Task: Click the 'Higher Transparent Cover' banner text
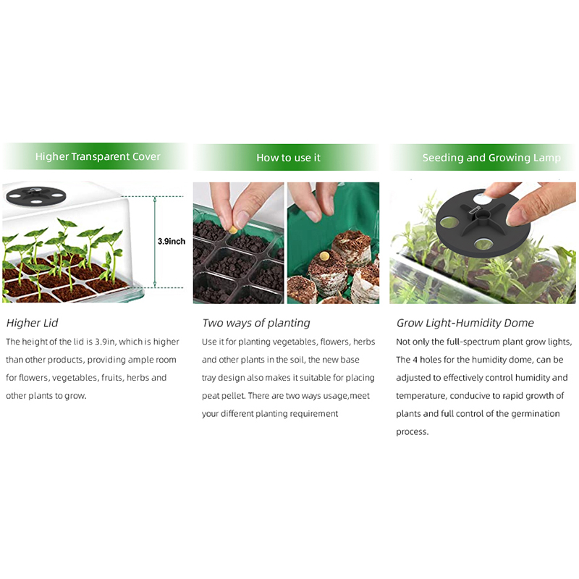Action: (x=98, y=156)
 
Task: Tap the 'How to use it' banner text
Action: (x=288, y=158)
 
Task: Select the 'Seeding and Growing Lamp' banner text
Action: (x=491, y=158)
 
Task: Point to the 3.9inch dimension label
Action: (x=172, y=241)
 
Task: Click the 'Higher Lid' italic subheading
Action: (x=32, y=323)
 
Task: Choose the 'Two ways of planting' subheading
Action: (x=256, y=323)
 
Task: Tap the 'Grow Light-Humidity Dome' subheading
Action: (x=465, y=323)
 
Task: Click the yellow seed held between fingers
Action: (x=233, y=230)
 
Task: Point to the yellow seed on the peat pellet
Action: (x=324, y=255)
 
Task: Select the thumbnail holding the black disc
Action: (x=483, y=243)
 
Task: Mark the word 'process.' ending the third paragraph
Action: (x=413, y=432)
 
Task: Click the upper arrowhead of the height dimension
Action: (x=155, y=200)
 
